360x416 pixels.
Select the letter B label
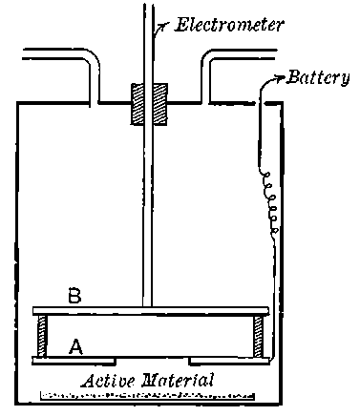click(x=75, y=296)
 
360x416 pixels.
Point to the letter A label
click(x=75, y=348)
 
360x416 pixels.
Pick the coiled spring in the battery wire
click(x=271, y=205)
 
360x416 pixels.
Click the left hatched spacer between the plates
click(x=42, y=336)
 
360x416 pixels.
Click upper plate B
click(x=151, y=312)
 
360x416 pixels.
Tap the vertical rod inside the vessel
click(x=149, y=210)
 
